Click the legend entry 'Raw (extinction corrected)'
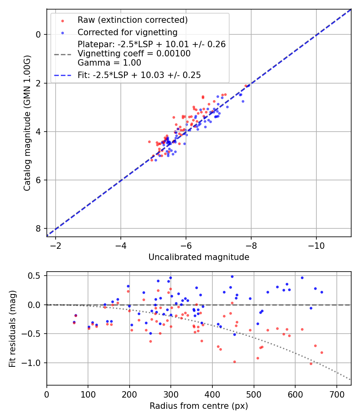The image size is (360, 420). [x=132, y=20]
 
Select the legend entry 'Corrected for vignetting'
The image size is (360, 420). [x=127, y=32]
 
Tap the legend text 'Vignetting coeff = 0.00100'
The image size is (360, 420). [x=134, y=54]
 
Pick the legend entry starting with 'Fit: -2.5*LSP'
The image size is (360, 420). [x=139, y=75]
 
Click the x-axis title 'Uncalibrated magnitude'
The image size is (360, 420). [x=199, y=257]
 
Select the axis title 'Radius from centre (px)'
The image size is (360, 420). [x=199, y=406]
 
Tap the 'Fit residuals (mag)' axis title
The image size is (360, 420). [x=12, y=328]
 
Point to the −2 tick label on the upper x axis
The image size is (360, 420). [x=56, y=245]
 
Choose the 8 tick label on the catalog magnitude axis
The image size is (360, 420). [x=38, y=228]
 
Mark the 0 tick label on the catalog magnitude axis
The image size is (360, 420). [x=38, y=34]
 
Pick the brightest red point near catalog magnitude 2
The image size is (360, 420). [x=246, y=86]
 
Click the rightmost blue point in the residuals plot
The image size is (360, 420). [x=322, y=292]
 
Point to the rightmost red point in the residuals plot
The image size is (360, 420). [x=322, y=352]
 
